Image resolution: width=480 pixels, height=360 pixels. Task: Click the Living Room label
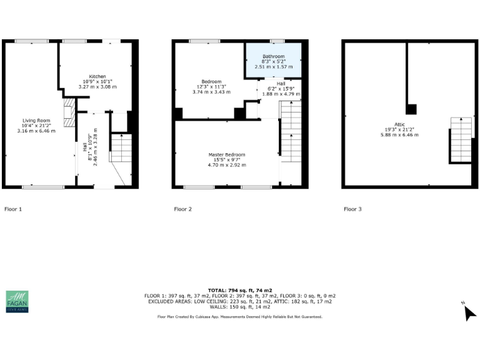tap(36, 120)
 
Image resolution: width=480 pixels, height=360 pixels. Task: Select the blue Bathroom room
tap(273, 61)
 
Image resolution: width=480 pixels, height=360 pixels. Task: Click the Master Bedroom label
tap(227, 154)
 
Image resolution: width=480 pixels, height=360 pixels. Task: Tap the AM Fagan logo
tap(17, 301)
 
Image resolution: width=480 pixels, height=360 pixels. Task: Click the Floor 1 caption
tap(13, 209)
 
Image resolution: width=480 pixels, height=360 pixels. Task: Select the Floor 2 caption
tap(182, 209)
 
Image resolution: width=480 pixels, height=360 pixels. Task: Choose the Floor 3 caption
tap(352, 209)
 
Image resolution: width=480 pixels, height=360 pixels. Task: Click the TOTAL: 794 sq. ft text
tap(239, 291)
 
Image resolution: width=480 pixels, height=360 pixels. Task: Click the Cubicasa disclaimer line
tap(239, 317)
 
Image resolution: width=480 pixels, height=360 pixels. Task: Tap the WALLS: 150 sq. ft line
tap(239, 307)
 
